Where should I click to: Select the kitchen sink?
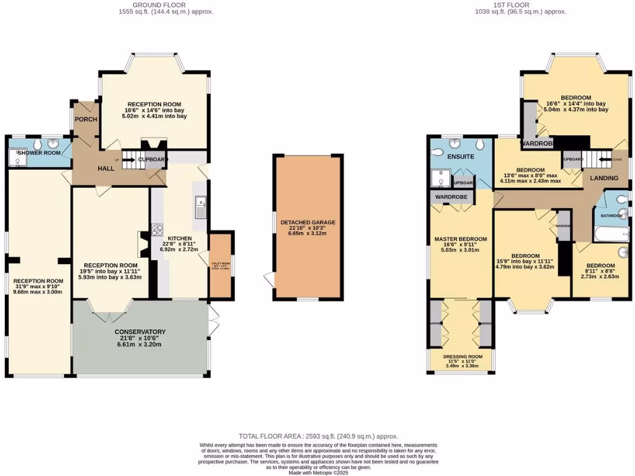click(x=200, y=208)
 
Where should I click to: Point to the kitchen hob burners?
click(x=157, y=230)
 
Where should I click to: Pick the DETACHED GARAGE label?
click(x=308, y=222)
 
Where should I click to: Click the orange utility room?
click(x=220, y=265)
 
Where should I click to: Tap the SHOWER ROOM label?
click(x=38, y=153)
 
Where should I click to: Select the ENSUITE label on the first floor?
click(x=460, y=157)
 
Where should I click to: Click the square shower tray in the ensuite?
click(x=440, y=178)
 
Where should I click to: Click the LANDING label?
click(x=603, y=178)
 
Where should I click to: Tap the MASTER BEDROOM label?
click(x=460, y=239)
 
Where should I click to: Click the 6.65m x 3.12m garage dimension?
click(x=308, y=235)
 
